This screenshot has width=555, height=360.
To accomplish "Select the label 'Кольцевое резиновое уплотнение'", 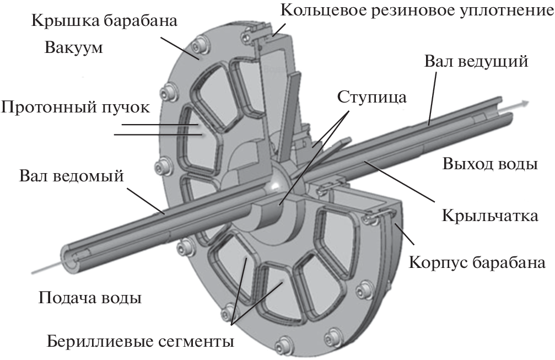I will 416,10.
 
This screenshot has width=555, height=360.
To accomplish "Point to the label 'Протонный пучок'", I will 75,107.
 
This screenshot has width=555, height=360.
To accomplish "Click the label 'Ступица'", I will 373,98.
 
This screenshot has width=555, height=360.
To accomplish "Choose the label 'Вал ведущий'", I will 476,61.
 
